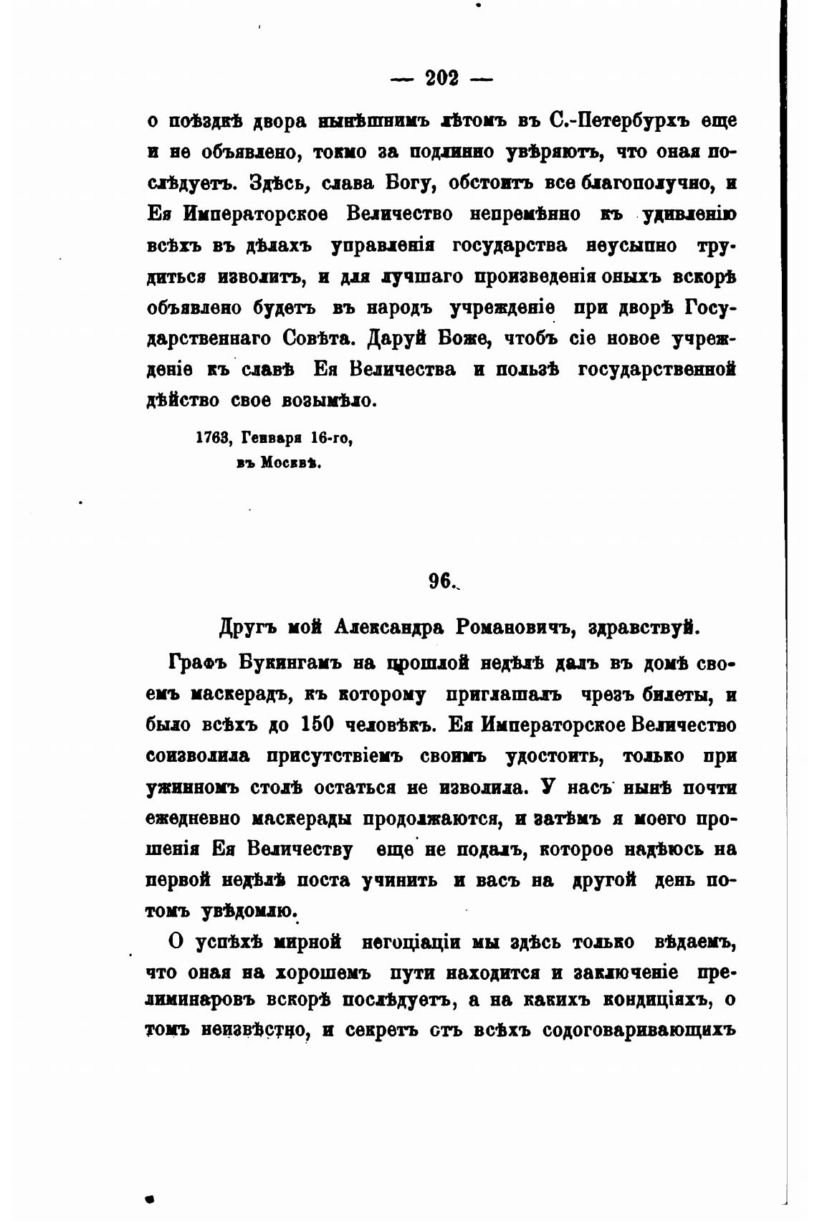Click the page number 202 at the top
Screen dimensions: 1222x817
441,78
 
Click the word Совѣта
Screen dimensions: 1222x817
326,338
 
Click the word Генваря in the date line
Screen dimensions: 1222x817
272,438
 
